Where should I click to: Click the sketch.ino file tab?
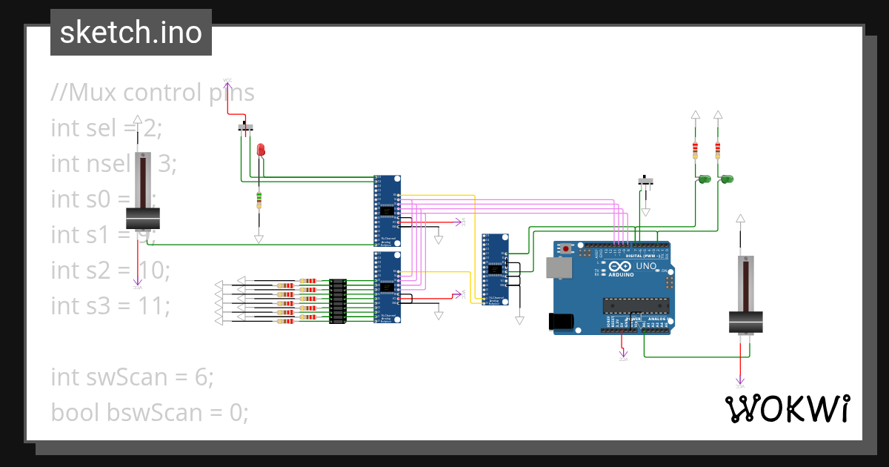pos(130,33)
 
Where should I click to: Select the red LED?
pos(260,150)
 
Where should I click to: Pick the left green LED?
pos(704,179)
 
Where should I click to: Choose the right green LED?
pos(727,179)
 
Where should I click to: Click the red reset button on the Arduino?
pos(567,248)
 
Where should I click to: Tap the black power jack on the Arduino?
pos(561,321)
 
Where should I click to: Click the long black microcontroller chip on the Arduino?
pos(636,303)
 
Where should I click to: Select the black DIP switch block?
pos(338,301)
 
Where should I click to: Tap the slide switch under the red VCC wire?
pos(247,127)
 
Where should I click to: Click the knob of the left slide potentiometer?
pos(142,219)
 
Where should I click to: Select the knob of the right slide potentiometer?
pos(746,323)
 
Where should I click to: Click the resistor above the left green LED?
pos(695,150)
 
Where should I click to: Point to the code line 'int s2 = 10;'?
pos(110,269)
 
